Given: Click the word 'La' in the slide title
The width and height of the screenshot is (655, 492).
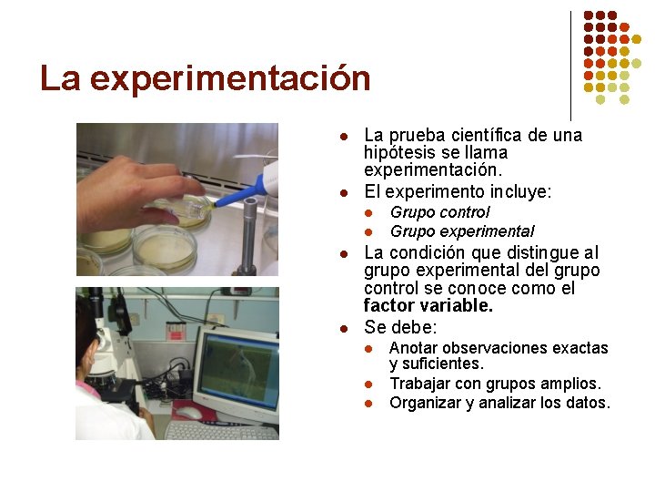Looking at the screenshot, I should click(x=60, y=79).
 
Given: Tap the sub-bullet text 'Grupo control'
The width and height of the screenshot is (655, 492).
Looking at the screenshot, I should click(x=439, y=212).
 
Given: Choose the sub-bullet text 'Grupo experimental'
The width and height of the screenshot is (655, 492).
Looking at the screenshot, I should click(x=461, y=231).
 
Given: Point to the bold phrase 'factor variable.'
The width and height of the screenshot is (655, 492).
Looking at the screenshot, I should click(x=428, y=306).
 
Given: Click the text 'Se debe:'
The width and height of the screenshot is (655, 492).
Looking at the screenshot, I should click(x=400, y=327).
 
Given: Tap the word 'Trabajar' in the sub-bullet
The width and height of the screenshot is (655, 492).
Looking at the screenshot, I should click(x=419, y=384).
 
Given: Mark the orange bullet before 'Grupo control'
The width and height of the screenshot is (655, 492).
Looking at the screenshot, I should click(x=369, y=213).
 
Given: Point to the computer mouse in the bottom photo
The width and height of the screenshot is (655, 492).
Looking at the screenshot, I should click(x=187, y=414).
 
